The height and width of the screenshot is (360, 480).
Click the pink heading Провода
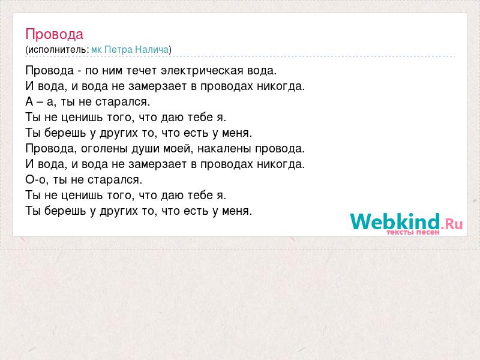tap(54, 34)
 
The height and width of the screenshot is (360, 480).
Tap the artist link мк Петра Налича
tap(130, 49)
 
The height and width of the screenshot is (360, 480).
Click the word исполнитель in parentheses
tap(57, 50)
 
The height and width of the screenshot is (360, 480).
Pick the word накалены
tap(224, 148)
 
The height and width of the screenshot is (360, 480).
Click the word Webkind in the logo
tap(395, 221)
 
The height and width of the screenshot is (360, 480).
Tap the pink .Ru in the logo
tap(452, 224)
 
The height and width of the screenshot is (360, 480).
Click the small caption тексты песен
tap(413, 232)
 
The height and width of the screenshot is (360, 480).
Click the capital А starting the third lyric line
tap(29, 101)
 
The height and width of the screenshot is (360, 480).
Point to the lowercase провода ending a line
tap(280, 149)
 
